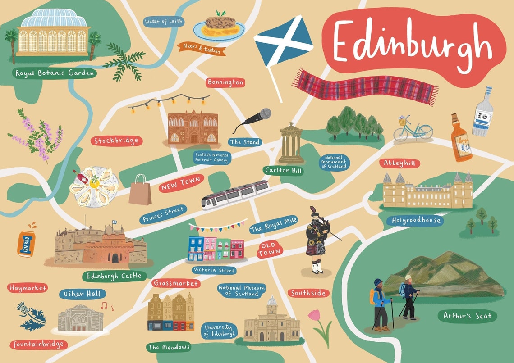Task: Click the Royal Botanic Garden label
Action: (x=55, y=73)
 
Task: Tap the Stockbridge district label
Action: (x=116, y=141)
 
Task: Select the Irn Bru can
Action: (x=26, y=244)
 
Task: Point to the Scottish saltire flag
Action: (x=283, y=42)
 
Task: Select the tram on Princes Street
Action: (x=236, y=195)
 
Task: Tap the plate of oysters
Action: (x=94, y=186)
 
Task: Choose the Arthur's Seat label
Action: (x=467, y=316)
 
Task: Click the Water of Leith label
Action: (x=164, y=21)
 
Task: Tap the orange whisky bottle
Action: (x=461, y=137)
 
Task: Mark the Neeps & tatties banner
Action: (x=202, y=48)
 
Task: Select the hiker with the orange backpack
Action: (x=380, y=304)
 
